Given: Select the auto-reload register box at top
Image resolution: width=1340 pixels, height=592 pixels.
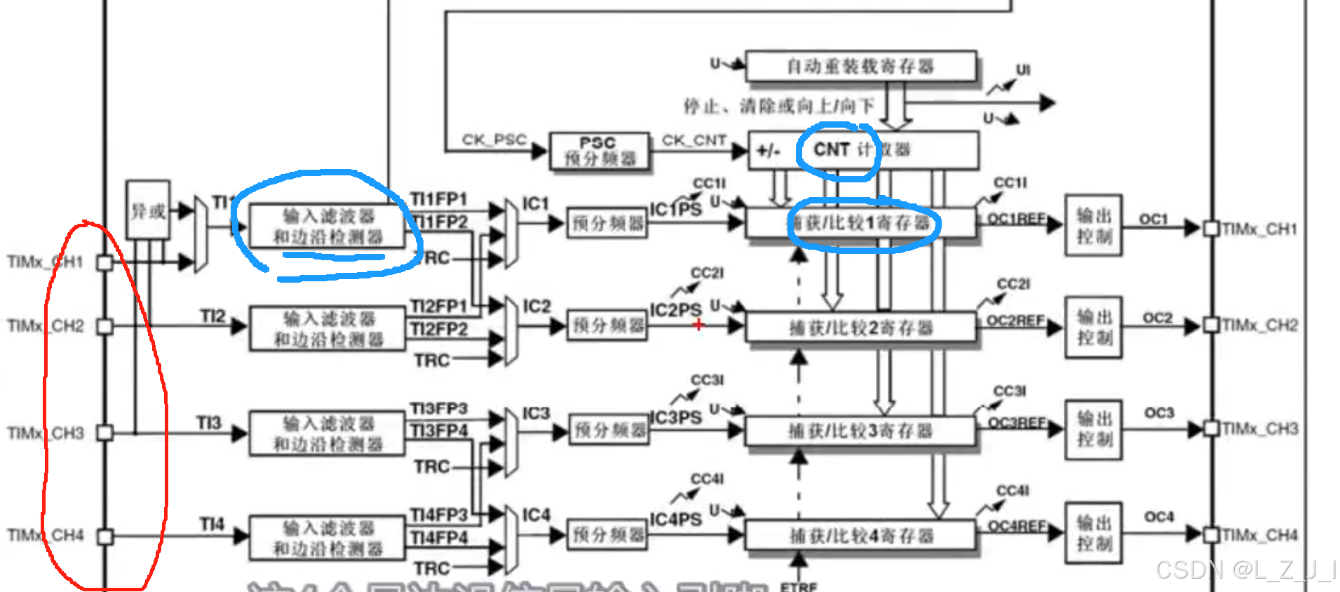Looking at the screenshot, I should tap(860, 67).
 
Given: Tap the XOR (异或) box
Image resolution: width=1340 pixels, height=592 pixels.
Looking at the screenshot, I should tap(148, 210).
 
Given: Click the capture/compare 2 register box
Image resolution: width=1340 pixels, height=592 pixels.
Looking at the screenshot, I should tap(860, 328).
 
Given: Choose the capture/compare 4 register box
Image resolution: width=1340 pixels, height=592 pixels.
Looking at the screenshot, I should tap(860, 537).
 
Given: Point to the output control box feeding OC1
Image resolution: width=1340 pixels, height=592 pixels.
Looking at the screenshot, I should tap(1093, 225).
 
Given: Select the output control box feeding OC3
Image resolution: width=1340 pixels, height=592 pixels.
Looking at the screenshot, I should tap(1093, 429).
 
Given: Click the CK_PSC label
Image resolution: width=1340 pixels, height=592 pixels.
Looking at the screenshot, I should tap(494, 140).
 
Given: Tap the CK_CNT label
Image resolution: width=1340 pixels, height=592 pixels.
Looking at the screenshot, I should tap(693, 140).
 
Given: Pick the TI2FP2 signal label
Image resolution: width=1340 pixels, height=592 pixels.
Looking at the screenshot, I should tap(439, 329).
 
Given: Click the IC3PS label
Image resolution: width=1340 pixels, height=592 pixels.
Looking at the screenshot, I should tap(675, 417).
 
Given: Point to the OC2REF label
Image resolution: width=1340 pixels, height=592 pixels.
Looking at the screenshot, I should tap(1016, 321).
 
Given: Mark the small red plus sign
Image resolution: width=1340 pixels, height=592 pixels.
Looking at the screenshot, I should tap(698, 324).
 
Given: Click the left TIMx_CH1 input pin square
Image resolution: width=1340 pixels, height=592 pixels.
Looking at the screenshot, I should tap(105, 262).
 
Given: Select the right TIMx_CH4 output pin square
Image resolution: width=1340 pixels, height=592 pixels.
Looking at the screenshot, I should tap(1211, 535).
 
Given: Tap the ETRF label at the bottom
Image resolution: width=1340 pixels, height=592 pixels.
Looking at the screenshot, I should tap(799, 586).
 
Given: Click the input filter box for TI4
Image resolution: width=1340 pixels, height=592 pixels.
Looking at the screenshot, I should tap(327, 538).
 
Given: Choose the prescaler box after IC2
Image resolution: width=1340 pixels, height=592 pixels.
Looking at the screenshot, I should tap(607, 325).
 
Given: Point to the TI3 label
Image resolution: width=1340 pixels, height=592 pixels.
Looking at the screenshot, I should tap(209, 423).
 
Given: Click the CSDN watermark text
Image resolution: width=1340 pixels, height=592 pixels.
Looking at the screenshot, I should tap(1245, 570).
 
